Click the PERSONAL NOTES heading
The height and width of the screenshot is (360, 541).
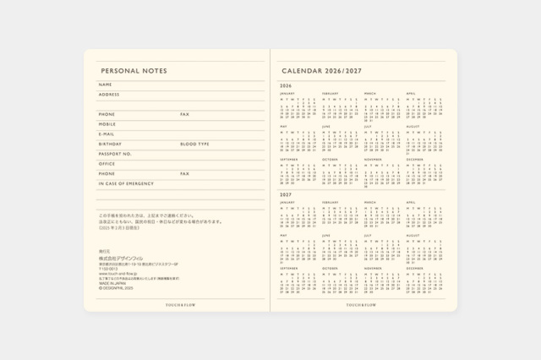tap(134, 71)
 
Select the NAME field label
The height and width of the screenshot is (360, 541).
tap(105, 85)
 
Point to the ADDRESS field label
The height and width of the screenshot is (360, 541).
tap(110, 94)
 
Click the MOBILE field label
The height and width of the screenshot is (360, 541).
tap(107, 124)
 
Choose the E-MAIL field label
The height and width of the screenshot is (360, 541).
tap(107, 134)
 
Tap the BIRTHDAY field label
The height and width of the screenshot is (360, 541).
tap(110, 144)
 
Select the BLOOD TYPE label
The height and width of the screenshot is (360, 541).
tap(194, 144)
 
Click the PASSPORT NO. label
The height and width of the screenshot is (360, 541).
tap(115, 154)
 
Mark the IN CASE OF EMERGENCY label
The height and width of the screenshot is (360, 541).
tap(126, 183)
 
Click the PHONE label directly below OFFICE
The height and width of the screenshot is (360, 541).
tap(107, 173)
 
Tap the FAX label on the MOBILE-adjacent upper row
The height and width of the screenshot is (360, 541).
tap(184, 114)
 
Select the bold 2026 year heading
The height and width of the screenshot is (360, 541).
tap(285, 85)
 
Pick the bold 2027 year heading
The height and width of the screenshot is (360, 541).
tap(285, 194)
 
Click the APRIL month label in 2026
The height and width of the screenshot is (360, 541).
tap(411, 93)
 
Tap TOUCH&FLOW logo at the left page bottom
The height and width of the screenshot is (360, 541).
tap(177, 303)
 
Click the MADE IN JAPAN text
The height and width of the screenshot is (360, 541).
tap(111, 283)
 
